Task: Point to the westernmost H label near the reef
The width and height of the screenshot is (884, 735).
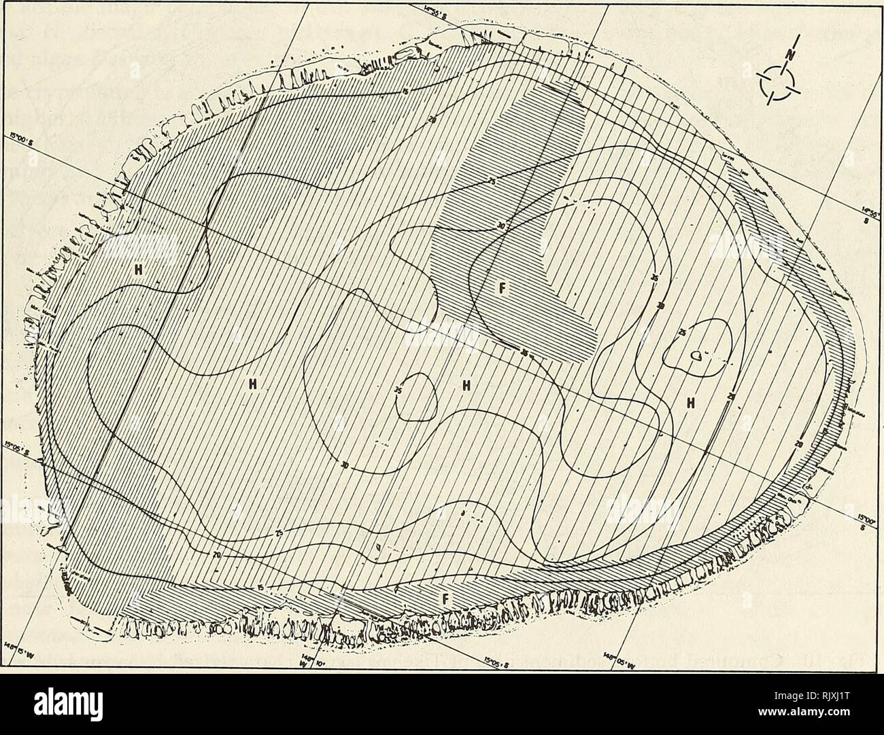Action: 139,269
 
